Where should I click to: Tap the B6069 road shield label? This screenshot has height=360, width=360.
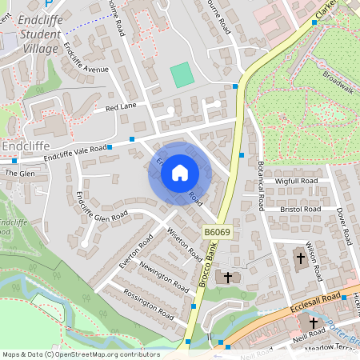coord(216,232)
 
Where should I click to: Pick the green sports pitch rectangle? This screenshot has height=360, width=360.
coord(182,75)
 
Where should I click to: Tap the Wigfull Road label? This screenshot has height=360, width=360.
coord(297,182)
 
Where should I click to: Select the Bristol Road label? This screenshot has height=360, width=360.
coord(301,210)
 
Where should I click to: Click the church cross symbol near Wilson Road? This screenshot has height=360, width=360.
coord(301,258)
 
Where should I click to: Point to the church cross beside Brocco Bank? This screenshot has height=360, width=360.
coord(228,278)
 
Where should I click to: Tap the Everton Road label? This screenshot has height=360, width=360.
coord(135,250)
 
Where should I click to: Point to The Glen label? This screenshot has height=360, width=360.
coord(20,173)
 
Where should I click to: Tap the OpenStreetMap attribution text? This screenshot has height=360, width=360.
coord(80,354)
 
